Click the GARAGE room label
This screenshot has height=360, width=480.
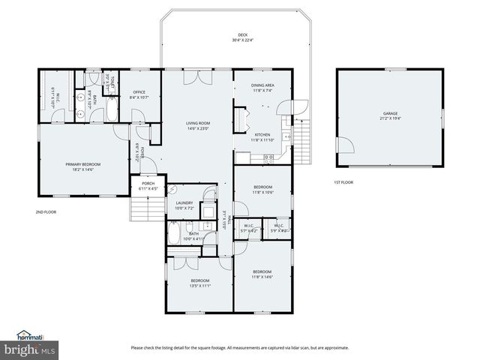point(390,113)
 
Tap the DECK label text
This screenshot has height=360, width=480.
point(242,34)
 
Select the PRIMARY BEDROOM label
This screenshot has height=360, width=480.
point(82,164)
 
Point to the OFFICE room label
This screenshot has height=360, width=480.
point(139,92)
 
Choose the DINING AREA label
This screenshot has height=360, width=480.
point(262,85)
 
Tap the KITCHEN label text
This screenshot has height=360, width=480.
point(262,134)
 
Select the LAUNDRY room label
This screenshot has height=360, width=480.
point(184,202)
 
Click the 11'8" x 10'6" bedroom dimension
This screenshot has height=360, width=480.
point(262,192)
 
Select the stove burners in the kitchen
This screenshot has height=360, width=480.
point(267,157)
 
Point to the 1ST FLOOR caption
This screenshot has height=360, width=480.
point(343,182)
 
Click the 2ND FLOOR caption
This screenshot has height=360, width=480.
point(46,212)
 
